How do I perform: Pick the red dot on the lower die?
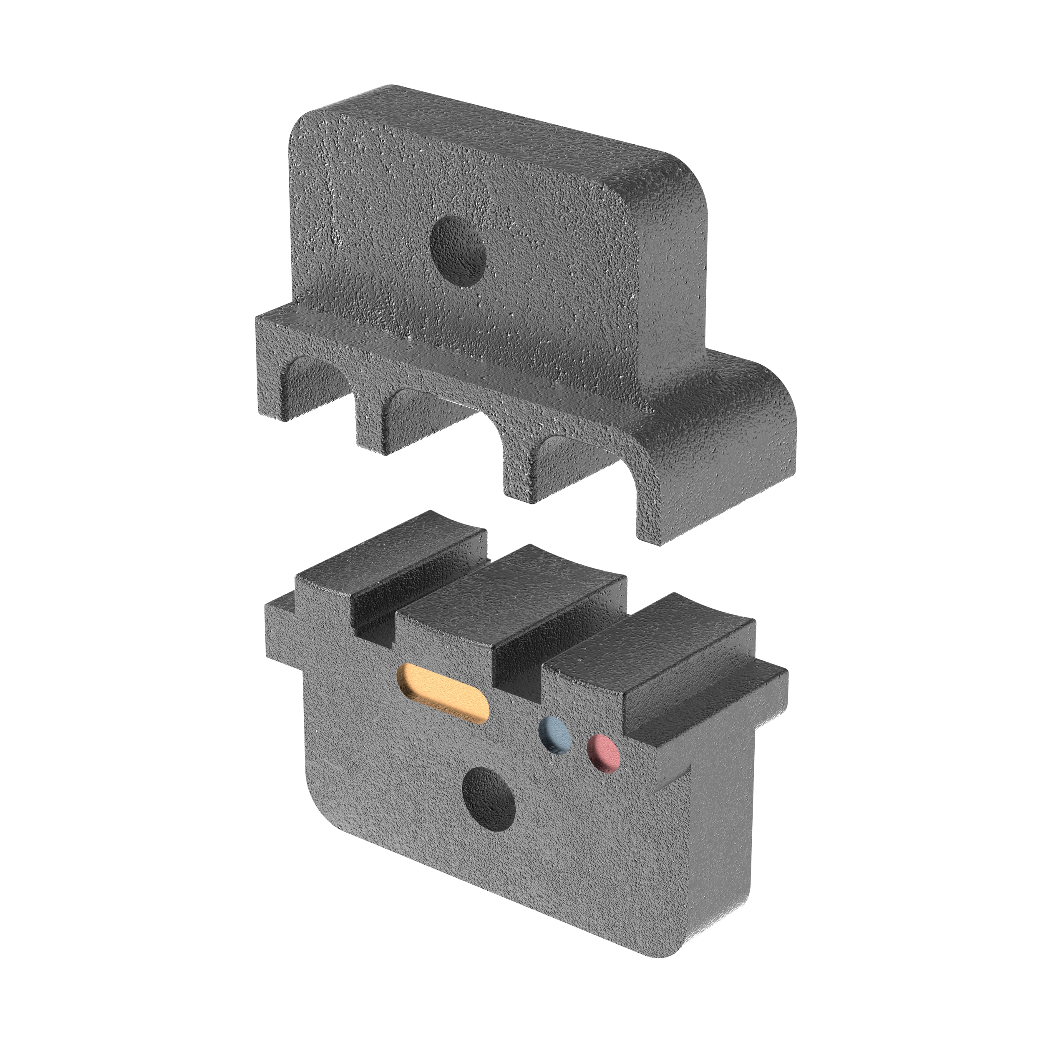603,751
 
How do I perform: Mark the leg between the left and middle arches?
373,426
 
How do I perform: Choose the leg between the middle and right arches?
518,475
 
